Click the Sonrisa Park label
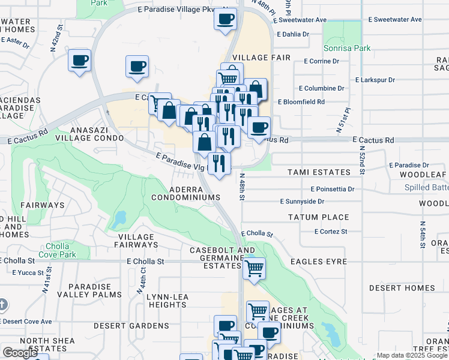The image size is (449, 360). tap(347, 47)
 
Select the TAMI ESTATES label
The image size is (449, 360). tap(319, 172)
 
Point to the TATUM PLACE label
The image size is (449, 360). tap(318, 217)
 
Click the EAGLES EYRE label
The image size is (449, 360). tap(319, 262)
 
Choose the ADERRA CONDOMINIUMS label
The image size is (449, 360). tap(185, 193)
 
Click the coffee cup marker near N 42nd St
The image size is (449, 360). tap(80, 61)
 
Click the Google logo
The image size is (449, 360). tap(20, 353)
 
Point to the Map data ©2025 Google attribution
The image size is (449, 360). tap(412, 355)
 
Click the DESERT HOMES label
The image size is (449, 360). tap(402, 288)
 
